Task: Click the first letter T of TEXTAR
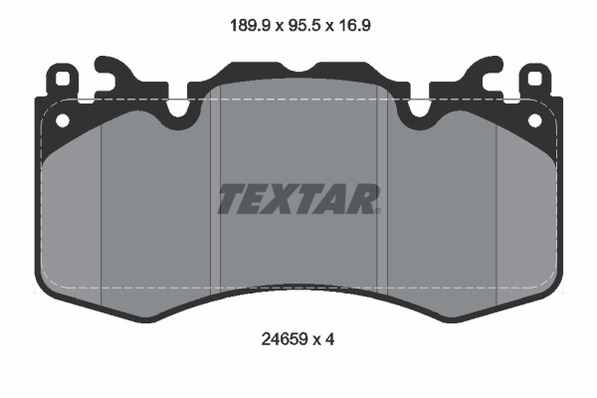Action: click(229, 199)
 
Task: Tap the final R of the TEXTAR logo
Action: click(364, 199)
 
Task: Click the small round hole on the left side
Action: click(62, 120)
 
